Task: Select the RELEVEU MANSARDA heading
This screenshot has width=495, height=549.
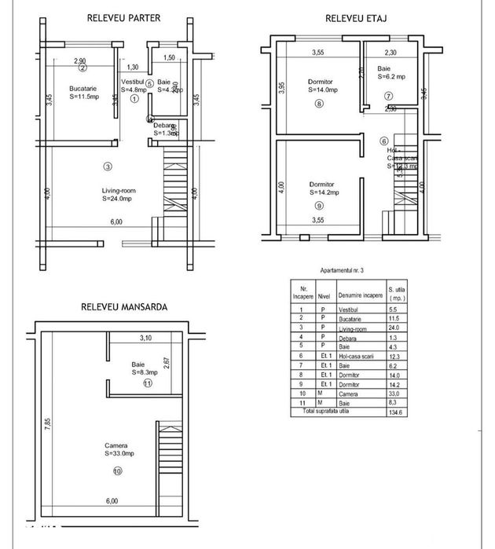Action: pos(124,307)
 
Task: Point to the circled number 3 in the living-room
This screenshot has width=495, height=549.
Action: pos(108,166)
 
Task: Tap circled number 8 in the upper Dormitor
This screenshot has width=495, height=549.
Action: pos(319,104)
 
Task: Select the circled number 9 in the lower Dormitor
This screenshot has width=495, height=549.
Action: pos(318,205)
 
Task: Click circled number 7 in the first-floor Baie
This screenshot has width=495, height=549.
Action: pos(388,96)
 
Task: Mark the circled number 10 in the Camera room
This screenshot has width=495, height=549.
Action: pos(116,471)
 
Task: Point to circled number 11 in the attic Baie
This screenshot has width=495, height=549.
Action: pos(147,383)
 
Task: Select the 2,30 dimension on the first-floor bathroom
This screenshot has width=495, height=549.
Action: pos(390,53)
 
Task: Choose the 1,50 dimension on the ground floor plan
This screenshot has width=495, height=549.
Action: pos(168,58)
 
